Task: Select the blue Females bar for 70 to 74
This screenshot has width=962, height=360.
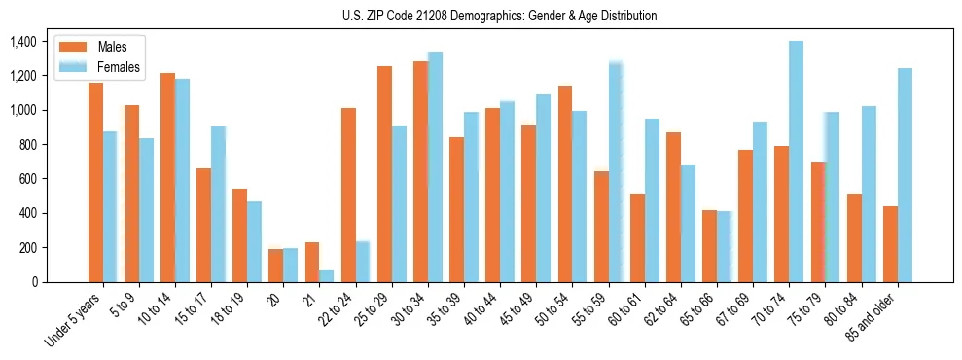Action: coord(796,162)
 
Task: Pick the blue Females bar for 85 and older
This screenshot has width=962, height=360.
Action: coord(905,175)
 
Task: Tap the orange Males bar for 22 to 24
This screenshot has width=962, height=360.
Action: coord(348,195)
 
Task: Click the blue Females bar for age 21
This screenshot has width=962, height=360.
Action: coord(326,275)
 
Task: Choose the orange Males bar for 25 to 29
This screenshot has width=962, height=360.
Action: coord(384,174)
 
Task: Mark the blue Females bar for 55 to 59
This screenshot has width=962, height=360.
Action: coord(616,172)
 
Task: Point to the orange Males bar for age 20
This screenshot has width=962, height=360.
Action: coord(276,266)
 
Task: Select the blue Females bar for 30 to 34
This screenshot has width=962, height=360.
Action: coord(435,166)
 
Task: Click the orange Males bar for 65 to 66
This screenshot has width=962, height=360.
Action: coord(709,246)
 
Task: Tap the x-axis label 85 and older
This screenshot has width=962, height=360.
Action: coord(880,316)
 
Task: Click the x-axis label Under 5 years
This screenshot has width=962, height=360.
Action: coord(73,320)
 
